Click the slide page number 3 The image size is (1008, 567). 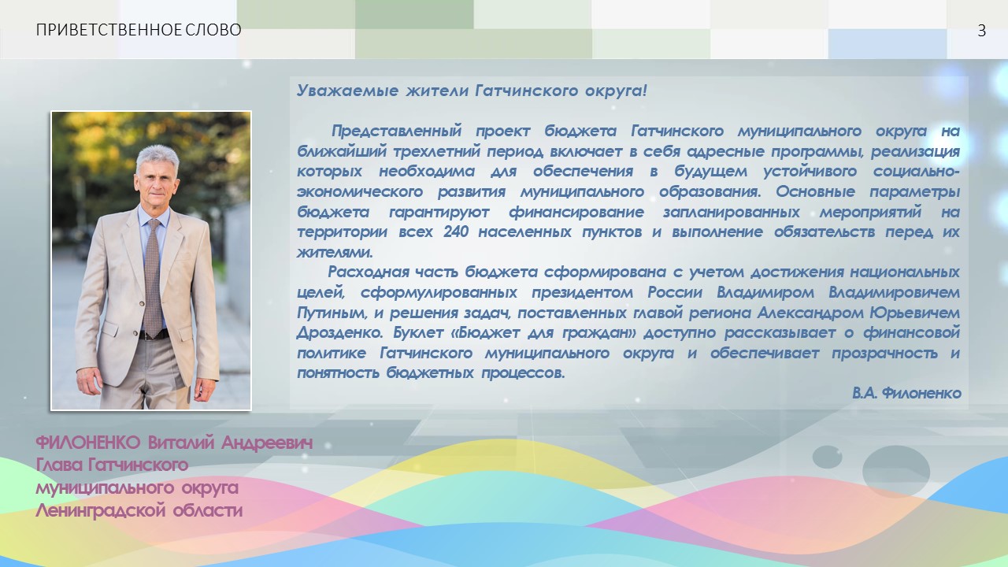tap(981, 31)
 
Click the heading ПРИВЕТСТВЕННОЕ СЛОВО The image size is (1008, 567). tap(139, 30)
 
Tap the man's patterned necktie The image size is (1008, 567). tap(154, 278)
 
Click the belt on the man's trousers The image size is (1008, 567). tap(154, 335)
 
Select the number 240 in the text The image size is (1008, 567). tap(456, 232)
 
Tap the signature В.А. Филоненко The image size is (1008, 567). tap(906, 393)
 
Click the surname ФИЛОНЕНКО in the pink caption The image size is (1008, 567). tap(88, 443)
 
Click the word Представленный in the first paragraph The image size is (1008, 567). tap(396, 131)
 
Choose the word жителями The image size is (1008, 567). tap(335, 252)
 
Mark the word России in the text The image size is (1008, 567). tap(675, 292)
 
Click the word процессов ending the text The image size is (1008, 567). tap(523, 373)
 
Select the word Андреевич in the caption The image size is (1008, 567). tap(267, 443)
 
